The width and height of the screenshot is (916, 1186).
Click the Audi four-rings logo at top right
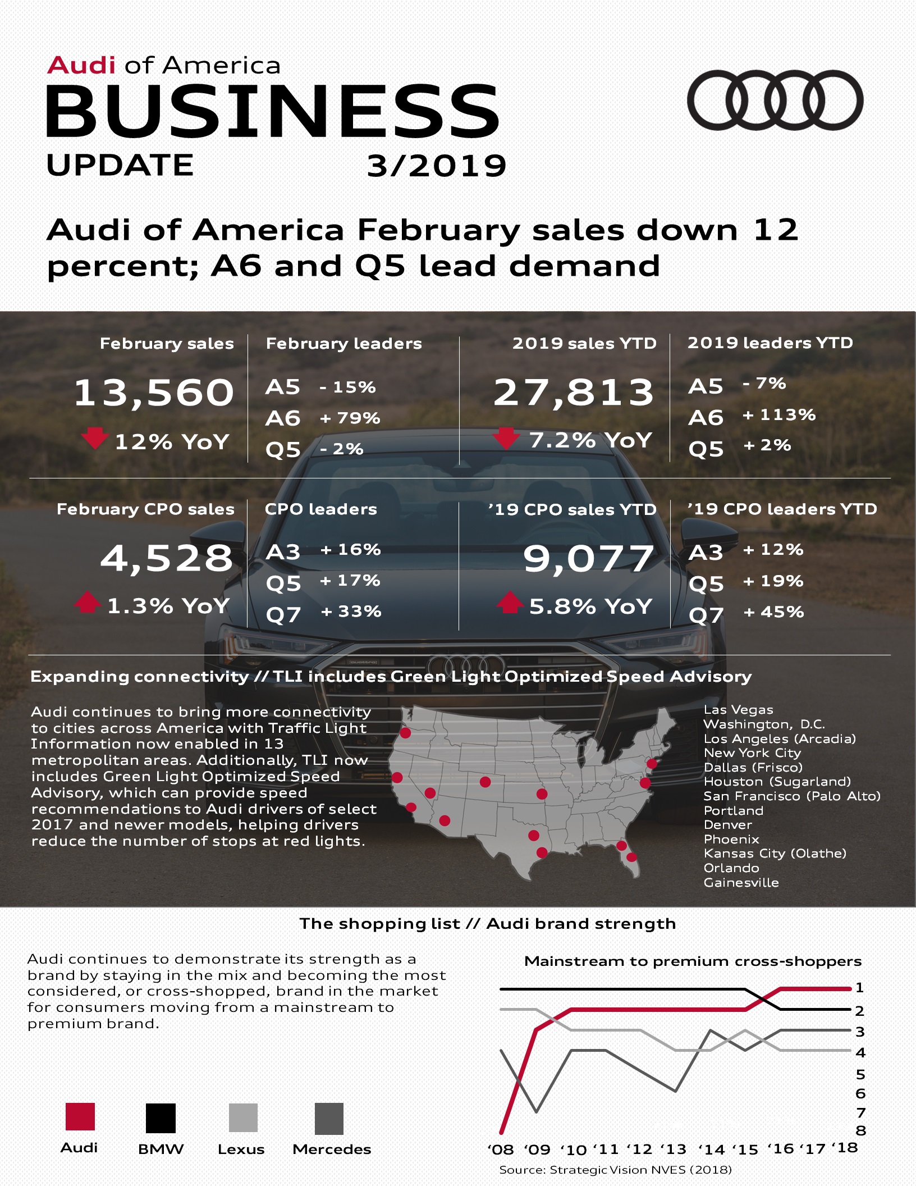(x=775, y=100)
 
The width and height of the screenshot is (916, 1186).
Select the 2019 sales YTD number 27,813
(x=574, y=392)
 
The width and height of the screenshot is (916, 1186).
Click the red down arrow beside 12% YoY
(x=94, y=438)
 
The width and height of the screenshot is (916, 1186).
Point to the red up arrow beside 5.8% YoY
(x=509, y=602)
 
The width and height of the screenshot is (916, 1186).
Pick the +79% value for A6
(x=350, y=418)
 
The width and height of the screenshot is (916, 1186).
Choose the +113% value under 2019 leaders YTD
(x=779, y=415)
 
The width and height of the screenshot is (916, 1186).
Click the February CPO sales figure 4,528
(x=167, y=558)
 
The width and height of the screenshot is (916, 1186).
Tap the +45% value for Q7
(x=773, y=612)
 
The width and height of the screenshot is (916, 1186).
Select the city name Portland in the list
(x=734, y=810)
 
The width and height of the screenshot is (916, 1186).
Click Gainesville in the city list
(x=741, y=882)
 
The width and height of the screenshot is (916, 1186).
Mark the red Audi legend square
(x=80, y=1116)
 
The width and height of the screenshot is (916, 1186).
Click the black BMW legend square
(x=161, y=1117)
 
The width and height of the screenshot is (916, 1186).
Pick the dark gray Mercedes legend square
(x=329, y=1119)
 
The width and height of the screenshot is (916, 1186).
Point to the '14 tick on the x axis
(x=711, y=1149)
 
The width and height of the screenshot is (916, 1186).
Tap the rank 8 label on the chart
(x=860, y=1130)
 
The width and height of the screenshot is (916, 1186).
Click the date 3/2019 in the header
(x=436, y=166)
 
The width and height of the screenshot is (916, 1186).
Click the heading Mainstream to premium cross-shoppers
(x=693, y=961)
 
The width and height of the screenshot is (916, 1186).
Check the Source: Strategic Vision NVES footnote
(x=615, y=1170)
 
